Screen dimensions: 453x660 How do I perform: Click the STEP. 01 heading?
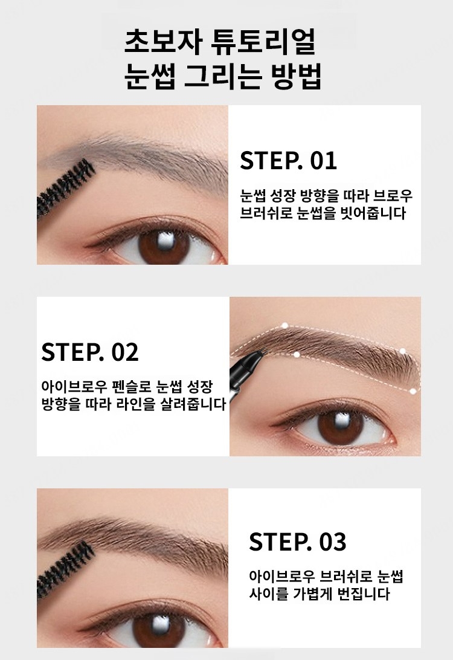289,161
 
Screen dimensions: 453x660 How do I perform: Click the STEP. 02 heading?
90,352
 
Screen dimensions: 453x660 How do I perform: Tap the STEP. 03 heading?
298,542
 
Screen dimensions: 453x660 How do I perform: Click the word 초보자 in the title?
162,41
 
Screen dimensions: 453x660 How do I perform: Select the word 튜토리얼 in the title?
263,41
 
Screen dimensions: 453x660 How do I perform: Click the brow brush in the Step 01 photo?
66,187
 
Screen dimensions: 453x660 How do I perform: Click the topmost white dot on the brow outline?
284,325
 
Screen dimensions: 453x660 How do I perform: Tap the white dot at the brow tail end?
413,391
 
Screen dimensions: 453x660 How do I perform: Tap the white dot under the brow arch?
297,355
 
